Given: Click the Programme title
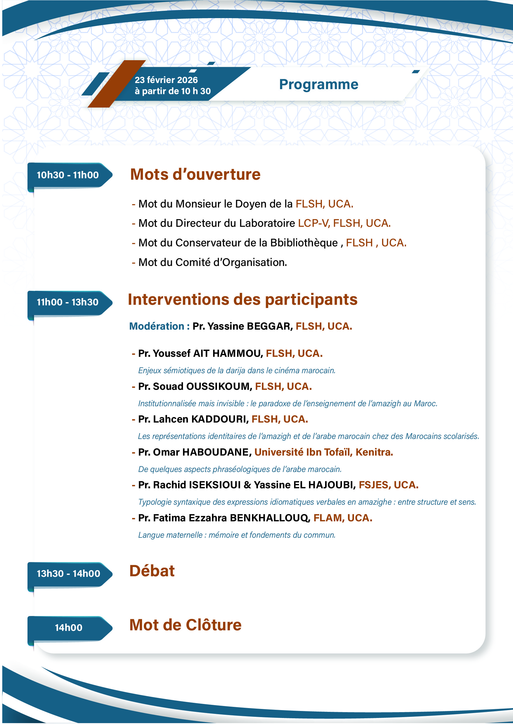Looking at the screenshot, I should point(318,84).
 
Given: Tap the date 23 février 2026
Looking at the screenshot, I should point(166,80).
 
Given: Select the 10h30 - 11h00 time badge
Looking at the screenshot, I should point(68,175).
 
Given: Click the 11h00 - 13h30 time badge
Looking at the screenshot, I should point(68,302).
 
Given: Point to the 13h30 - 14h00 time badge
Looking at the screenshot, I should point(68,573).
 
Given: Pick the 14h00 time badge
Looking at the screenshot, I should point(69,627).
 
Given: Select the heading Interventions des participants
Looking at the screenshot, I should point(242,299).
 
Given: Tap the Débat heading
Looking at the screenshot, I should point(152,571).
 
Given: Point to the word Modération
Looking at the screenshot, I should point(157,326).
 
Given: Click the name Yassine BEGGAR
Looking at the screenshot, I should point(249,326).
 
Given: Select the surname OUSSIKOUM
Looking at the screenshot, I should point(219,387).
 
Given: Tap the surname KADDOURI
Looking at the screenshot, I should point(220,419).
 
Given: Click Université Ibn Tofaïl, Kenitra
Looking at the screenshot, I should point(324,452).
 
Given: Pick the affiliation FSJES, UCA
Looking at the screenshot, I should point(388,485).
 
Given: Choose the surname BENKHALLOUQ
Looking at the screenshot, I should point(270,518).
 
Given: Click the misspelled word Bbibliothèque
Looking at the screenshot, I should point(304,243).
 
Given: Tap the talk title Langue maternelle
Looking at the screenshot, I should point(170,535).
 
